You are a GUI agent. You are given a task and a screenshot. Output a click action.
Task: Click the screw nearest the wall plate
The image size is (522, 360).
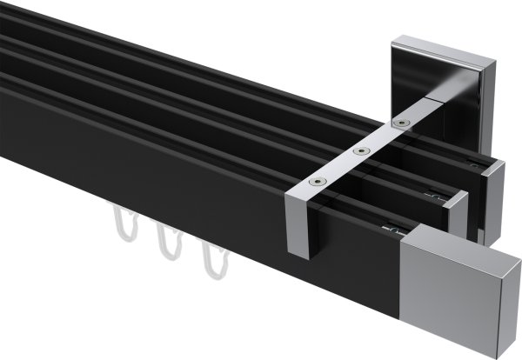tap(399, 123)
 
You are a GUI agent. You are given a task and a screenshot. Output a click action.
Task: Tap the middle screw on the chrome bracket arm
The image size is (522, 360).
tap(358, 152)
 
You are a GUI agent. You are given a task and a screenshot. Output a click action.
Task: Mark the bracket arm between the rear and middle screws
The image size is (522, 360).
tap(378, 138)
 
